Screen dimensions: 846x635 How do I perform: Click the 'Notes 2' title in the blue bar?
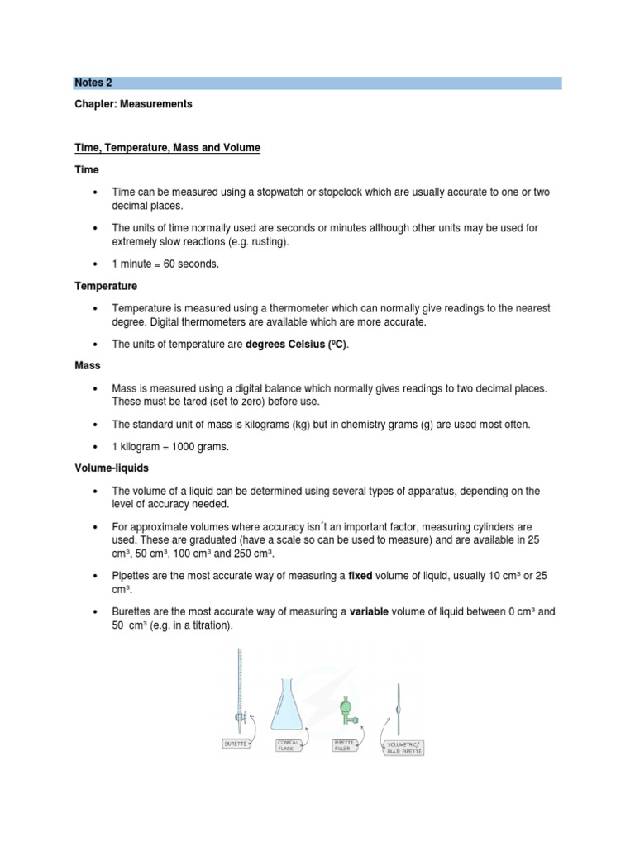tap(93, 83)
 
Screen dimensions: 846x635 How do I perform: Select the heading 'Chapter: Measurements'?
tap(133, 104)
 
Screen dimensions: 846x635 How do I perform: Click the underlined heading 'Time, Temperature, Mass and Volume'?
tap(167, 148)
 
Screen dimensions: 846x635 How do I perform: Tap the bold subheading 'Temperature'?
tap(106, 286)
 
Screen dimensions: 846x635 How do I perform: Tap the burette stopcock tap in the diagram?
tap(238, 715)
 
